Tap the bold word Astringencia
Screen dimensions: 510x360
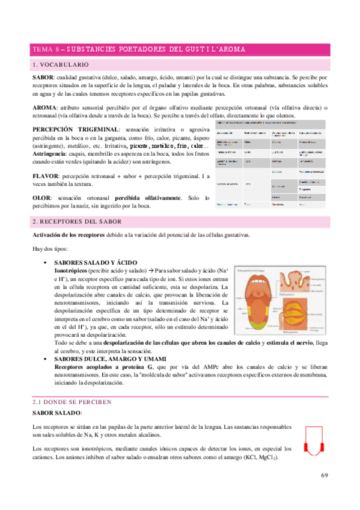[x=51, y=153]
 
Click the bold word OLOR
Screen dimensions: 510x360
[x=42, y=198]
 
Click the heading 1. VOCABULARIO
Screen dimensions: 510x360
[x=61, y=64]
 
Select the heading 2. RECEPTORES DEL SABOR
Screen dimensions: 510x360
[x=77, y=221]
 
